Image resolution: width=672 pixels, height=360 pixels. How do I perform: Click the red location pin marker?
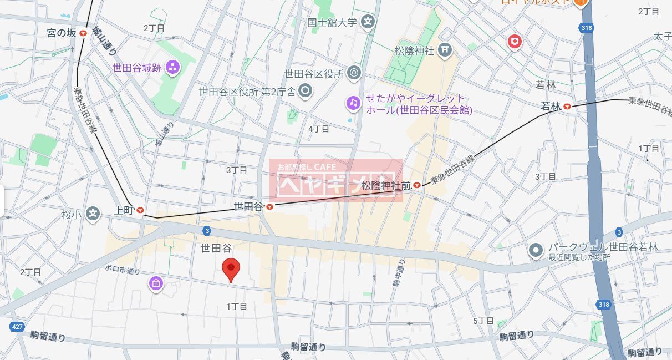click(x=231, y=269)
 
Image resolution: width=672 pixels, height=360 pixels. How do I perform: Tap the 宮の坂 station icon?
click(x=83, y=33)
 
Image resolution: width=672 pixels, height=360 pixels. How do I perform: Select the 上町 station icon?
click(x=140, y=211)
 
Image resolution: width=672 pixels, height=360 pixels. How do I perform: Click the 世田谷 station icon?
click(x=269, y=207)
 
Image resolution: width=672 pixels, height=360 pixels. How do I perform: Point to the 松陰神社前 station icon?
click(x=416, y=185)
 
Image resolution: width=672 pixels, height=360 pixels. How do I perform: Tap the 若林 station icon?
click(x=567, y=107)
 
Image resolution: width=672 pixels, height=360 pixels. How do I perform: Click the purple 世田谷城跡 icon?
click(x=172, y=68)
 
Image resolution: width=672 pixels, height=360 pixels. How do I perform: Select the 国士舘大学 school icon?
click(x=368, y=23)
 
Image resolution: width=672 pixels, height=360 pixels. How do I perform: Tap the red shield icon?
click(x=515, y=41)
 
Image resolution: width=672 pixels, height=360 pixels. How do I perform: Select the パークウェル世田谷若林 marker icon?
click(x=535, y=250)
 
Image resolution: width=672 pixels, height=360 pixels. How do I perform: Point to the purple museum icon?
click(x=156, y=284)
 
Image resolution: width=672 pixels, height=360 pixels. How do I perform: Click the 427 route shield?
click(x=17, y=327)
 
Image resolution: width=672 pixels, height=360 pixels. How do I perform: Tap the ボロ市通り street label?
click(x=123, y=271)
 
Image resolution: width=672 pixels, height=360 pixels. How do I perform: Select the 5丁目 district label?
click(x=483, y=321)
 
